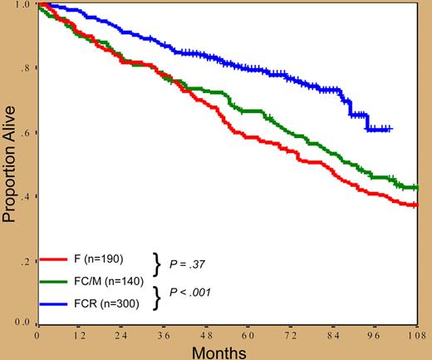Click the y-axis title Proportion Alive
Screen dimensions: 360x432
pos(12,162)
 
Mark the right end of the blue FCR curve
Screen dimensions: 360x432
pos(390,129)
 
